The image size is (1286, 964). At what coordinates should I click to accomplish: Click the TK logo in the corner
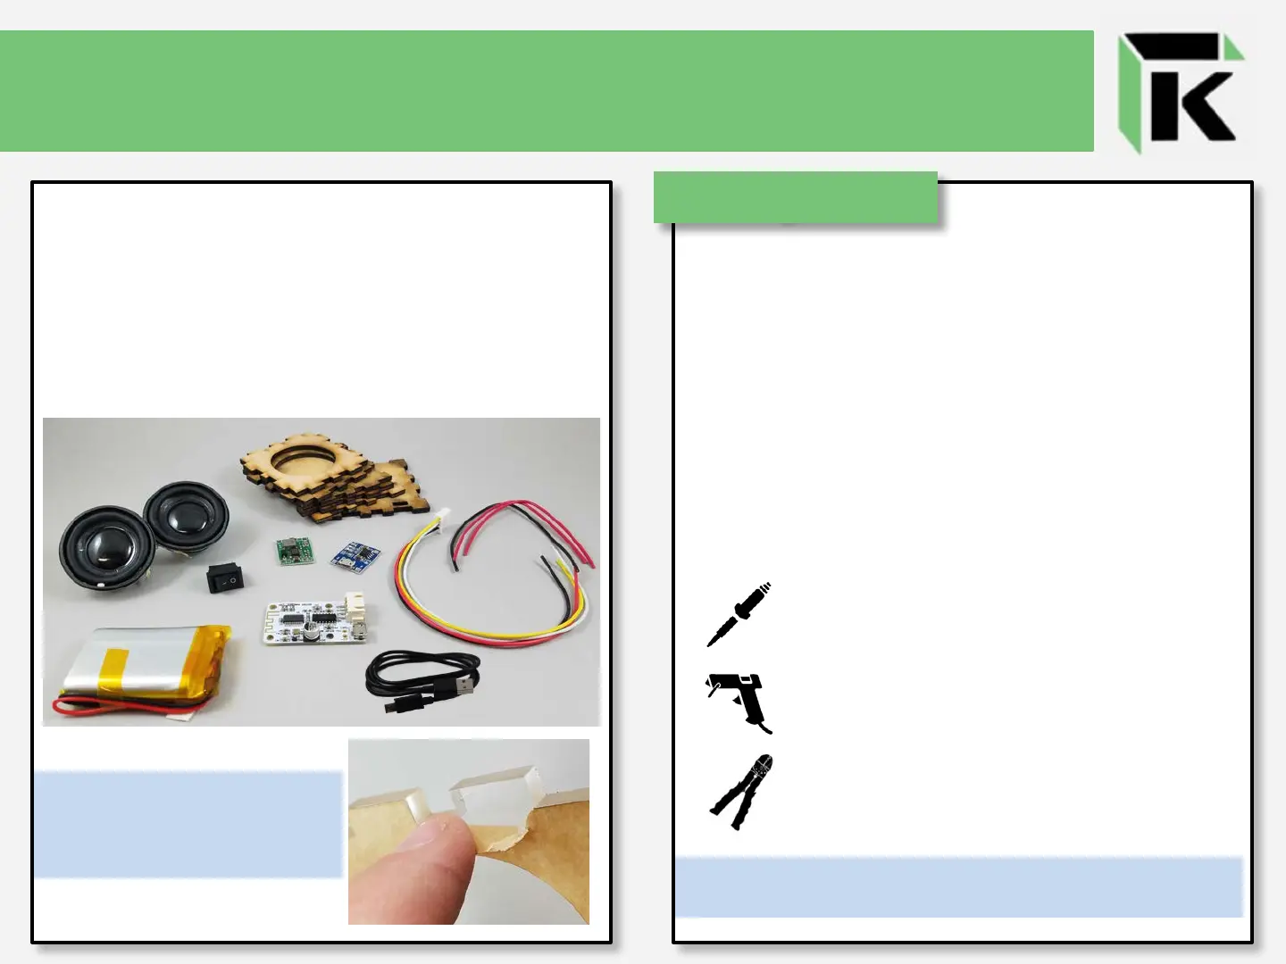pos(1181,92)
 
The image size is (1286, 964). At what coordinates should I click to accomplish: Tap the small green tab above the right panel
pos(795,197)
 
